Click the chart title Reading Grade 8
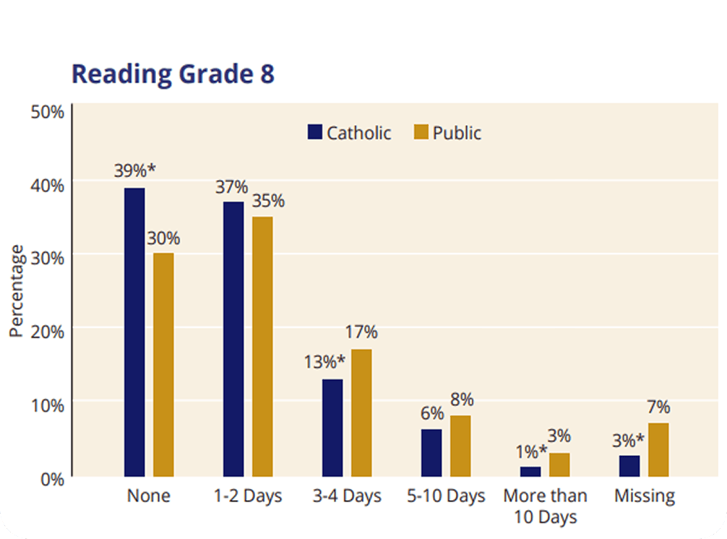click(173, 74)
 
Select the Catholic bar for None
click(134, 332)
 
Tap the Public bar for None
click(163, 365)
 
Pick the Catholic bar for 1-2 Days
click(233, 339)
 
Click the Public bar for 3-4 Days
click(361, 413)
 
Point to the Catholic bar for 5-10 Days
click(431, 453)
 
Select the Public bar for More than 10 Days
click(559, 465)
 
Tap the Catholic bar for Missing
click(629, 466)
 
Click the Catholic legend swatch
click(315, 132)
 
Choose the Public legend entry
click(447, 133)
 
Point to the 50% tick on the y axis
click(48, 111)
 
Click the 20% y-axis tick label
click(48, 332)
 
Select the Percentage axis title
click(17, 290)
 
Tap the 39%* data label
click(135, 171)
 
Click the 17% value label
click(361, 332)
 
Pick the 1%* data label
click(531, 452)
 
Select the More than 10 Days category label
click(546, 506)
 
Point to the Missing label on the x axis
click(645, 496)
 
